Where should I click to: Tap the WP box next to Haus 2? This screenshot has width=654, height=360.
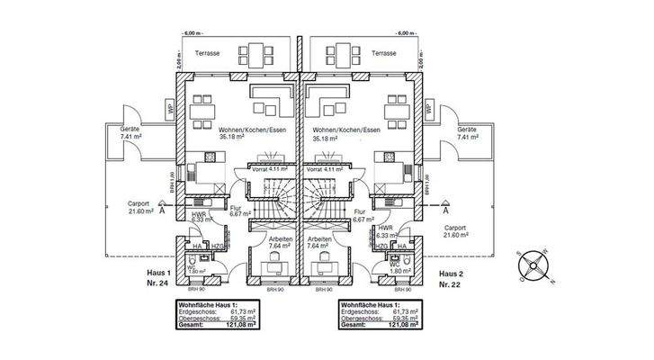(429, 108)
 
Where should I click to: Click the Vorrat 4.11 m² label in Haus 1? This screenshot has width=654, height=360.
(266, 168)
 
